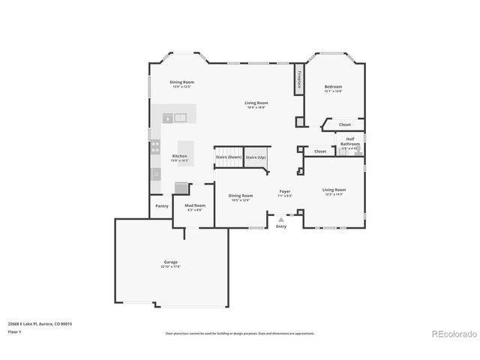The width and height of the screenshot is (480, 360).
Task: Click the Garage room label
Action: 170,263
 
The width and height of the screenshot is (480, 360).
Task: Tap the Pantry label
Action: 162,205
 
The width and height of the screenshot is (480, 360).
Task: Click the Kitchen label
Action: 179,157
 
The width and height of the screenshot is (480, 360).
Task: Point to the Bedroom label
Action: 333,88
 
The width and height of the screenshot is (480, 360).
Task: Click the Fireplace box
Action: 298,79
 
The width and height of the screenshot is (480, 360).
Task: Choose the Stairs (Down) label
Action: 229,157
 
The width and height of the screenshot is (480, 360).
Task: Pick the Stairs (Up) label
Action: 256,157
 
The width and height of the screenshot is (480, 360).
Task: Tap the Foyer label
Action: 285,193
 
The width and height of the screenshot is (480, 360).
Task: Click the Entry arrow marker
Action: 281,220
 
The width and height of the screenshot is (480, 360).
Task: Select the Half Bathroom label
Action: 350,141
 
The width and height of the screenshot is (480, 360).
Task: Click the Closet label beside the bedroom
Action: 344,124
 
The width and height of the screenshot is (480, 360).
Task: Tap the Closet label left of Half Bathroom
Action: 320,151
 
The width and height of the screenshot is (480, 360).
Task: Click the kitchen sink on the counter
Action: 175,117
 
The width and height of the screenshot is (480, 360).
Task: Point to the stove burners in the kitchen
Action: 155,148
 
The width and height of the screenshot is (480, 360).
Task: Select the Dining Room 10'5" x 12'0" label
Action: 240,196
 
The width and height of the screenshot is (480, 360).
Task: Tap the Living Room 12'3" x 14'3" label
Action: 334,191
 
